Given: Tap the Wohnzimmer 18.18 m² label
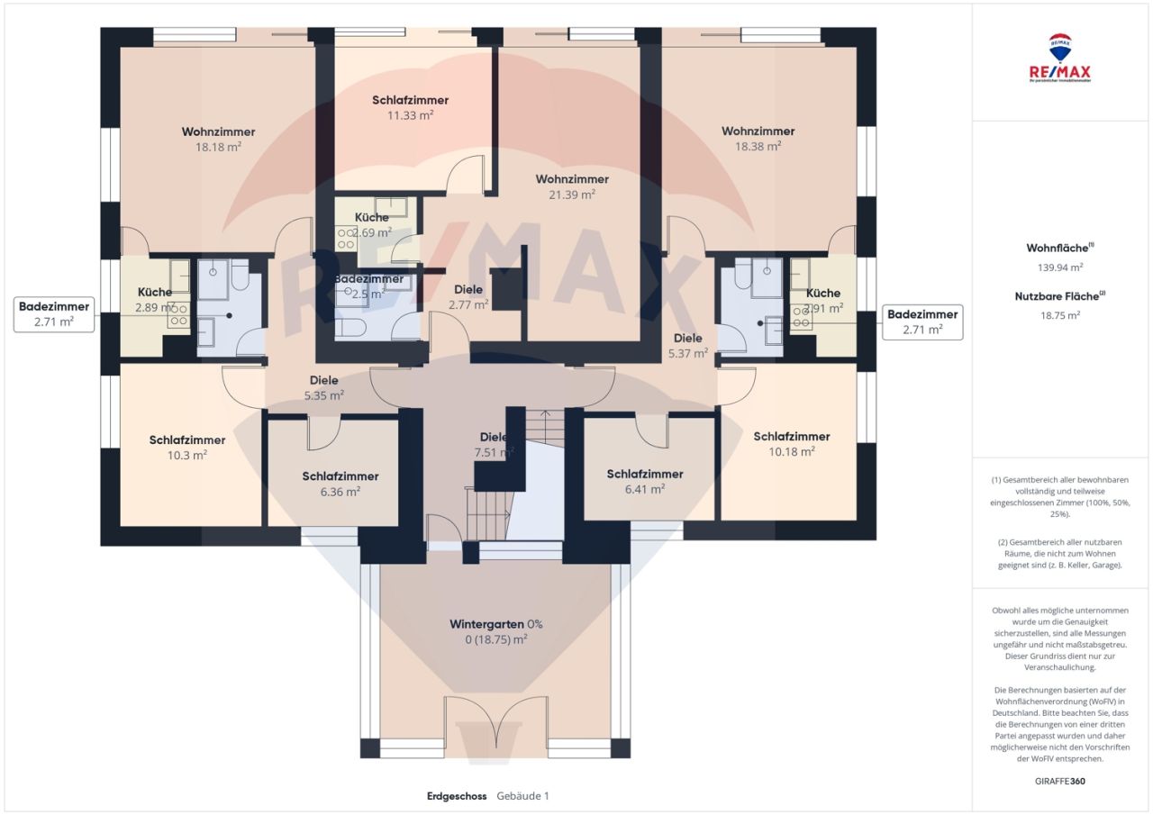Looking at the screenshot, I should [217, 139].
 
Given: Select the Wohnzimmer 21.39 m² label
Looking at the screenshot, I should [571, 186].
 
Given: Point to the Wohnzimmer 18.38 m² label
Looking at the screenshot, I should [758, 139].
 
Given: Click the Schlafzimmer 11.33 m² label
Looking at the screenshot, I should [410, 107].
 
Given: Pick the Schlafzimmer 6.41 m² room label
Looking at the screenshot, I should [644, 481].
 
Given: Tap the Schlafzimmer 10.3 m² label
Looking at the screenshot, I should [186, 448].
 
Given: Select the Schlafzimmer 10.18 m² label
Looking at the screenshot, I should [791, 444].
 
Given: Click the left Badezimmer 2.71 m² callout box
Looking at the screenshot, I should [54, 314].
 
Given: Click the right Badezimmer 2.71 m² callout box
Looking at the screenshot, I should [922, 321].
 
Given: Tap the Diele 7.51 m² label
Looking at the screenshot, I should [494, 445].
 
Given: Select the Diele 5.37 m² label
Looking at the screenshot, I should [688, 346].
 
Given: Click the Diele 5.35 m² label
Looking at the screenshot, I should [323, 388].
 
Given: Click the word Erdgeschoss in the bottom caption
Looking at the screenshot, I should [457, 796].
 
